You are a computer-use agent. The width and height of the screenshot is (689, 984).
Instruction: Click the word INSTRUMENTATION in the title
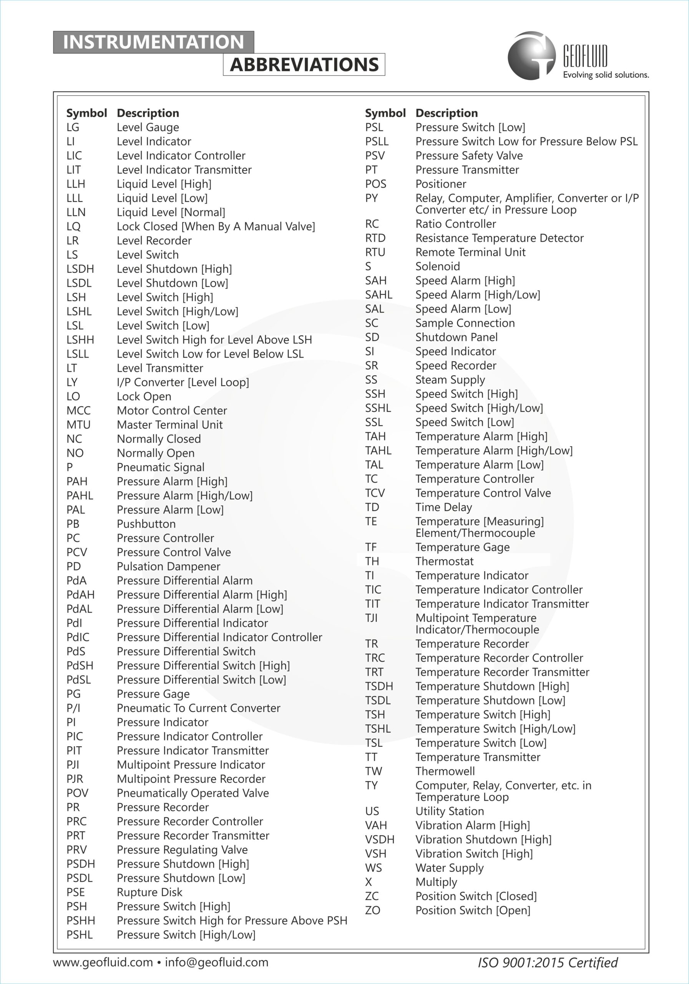tap(153, 42)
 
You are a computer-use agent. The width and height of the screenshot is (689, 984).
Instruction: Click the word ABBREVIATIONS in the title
tap(304, 65)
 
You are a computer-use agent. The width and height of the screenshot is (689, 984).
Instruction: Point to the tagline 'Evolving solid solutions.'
tap(606, 75)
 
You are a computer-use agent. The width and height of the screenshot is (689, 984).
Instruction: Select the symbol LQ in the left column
tap(73, 226)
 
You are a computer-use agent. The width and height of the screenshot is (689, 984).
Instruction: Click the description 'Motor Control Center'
tap(172, 411)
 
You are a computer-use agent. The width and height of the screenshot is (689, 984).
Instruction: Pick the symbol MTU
tap(78, 425)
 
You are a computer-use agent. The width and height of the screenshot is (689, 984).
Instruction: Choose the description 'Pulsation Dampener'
tap(168, 566)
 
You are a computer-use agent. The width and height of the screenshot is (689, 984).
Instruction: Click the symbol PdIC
tap(78, 637)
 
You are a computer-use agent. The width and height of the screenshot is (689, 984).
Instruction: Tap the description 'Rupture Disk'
tap(149, 892)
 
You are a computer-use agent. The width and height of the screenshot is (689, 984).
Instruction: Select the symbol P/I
tap(73, 708)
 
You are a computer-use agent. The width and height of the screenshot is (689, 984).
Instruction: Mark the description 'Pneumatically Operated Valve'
tap(193, 793)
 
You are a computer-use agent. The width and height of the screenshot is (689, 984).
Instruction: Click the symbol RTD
tap(375, 238)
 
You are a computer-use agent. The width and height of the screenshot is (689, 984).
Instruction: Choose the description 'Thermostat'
tap(444, 561)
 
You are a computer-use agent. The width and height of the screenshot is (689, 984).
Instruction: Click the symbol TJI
tap(372, 618)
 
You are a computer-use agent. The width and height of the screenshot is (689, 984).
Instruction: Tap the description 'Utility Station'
tap(450, 811)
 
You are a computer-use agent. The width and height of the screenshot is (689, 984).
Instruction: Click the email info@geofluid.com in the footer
tap(216, 962)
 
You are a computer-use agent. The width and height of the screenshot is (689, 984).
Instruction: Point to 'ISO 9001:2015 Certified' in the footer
tap(548, 962)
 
